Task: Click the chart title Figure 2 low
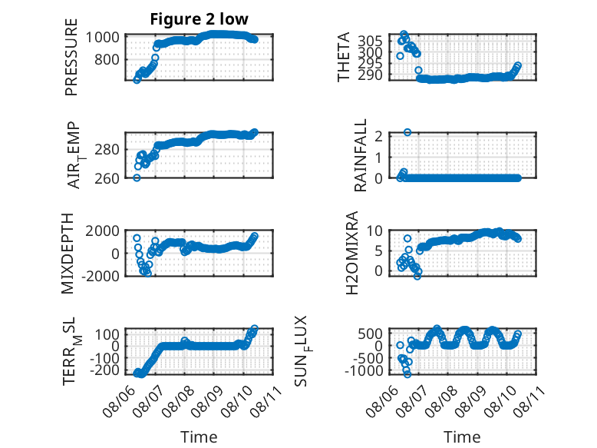(199, 19)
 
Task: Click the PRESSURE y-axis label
(71, 57)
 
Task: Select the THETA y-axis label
(344, 57)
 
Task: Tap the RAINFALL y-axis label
(360, 155)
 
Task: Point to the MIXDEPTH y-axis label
(68, 254)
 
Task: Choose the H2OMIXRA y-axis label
(352, 253)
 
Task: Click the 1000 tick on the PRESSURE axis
(102, 38)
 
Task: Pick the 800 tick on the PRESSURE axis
(107, 59)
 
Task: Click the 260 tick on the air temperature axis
(107, 178)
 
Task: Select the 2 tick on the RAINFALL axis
(378, 136)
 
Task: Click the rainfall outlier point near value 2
(407, 132)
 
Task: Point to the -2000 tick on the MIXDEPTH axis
(100, 276)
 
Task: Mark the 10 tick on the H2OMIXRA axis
(374, 231)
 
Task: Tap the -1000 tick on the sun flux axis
(364, 370)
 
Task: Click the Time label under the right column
(462, 436)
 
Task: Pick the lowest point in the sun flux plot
(407, 374)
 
